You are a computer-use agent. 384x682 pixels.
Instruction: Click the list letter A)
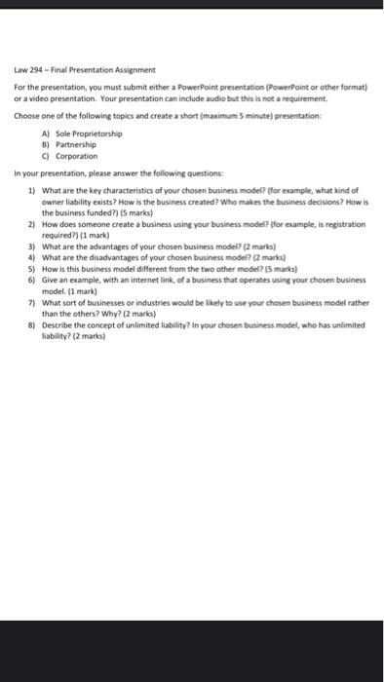[x=47, y=134]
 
